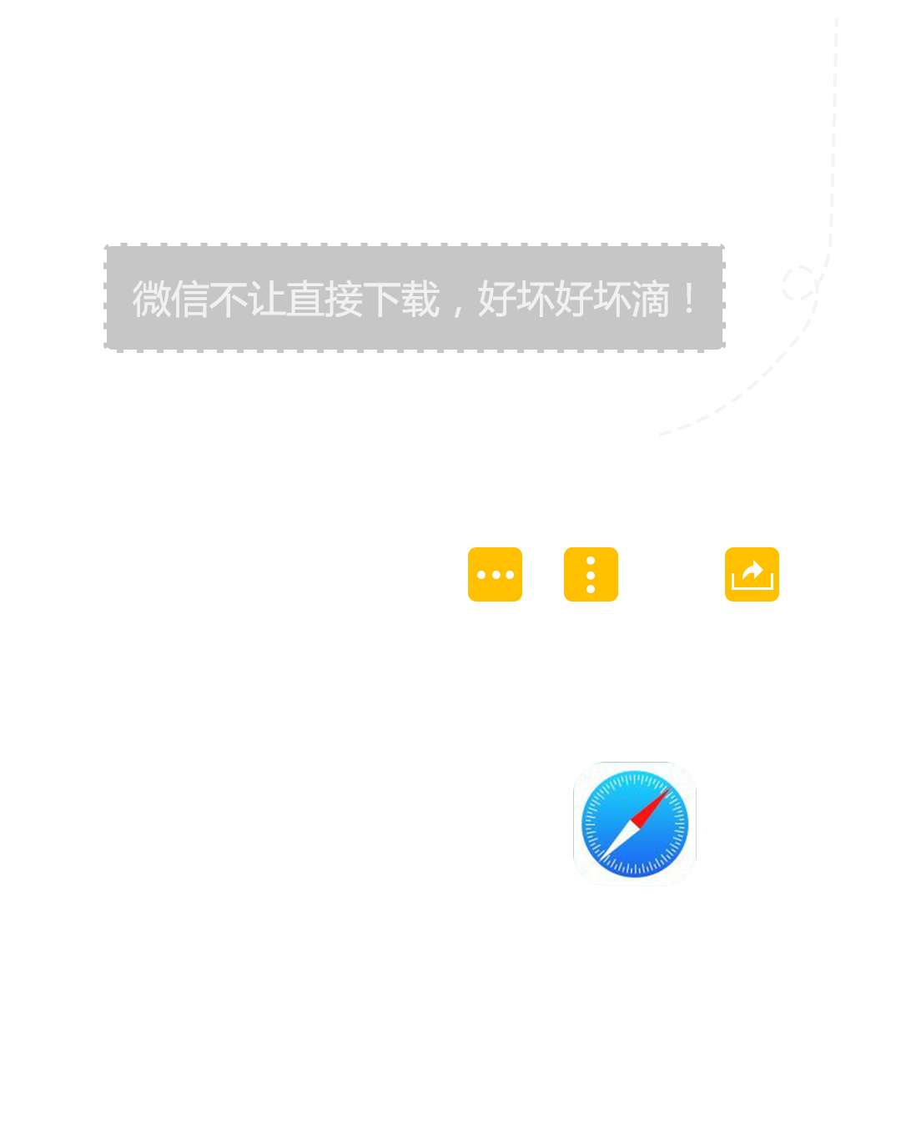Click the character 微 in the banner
point(151,299)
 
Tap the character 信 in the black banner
point(189,299)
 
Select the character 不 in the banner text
point(228,299)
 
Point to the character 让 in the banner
point(266,299)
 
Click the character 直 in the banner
point(305,299)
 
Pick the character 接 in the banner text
point(343,299)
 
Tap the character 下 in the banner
point(381,299)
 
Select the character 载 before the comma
point(420,299)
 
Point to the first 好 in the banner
point(496,299)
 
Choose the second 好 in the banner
point(573,299)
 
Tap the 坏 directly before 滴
point(612,299)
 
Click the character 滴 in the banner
point(650,299)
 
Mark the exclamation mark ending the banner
point(689,299)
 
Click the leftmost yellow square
point(495,574)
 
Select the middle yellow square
point(591,574)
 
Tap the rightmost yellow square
point(752,574)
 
